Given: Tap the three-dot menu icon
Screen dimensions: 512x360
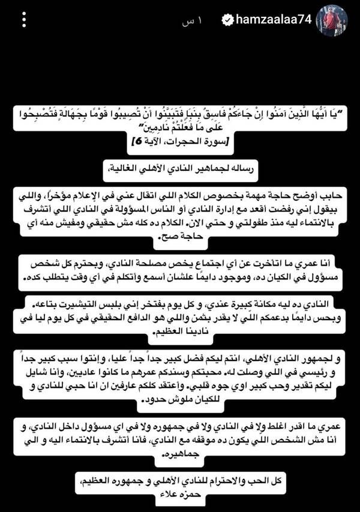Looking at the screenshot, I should tap(24, 20).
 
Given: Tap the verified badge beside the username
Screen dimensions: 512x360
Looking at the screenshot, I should tap(228, 20).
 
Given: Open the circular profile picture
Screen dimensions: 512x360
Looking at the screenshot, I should tap(332, 20).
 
